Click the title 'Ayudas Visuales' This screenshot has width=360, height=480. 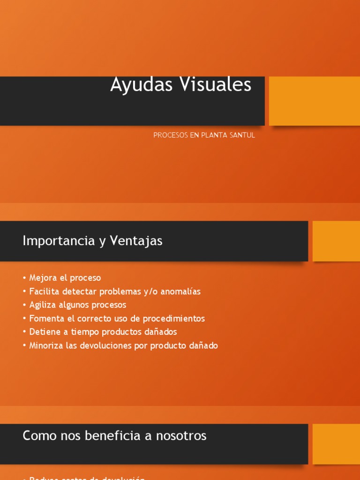tap(180, 85)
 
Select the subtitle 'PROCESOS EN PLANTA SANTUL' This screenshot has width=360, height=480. tap(204, 135)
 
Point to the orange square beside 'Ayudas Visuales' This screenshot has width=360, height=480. tap(314, 101)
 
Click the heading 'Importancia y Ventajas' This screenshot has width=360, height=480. tap(92, 241)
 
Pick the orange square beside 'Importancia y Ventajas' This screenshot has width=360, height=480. tap(336, 241)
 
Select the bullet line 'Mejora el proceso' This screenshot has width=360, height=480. tap(65, 277)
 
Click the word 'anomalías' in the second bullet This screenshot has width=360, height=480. tap(181, 291)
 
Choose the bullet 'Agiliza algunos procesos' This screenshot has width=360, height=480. tap(77, 305)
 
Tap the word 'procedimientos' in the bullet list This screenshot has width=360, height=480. tap(174, 318)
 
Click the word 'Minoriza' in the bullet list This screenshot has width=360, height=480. tap(45, 345)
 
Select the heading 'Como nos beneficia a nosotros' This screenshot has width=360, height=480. tap(114, 435)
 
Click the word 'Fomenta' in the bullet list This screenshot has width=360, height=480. tap(44, 318)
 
